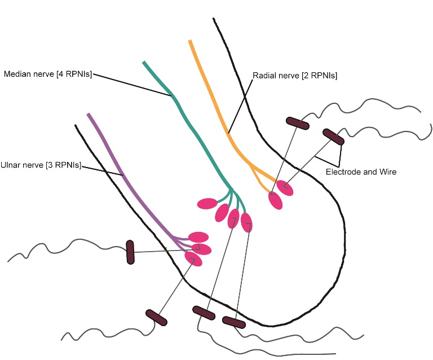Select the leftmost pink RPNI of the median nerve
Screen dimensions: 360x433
click(207, 203)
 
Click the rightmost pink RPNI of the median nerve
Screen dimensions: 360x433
click(247, 222)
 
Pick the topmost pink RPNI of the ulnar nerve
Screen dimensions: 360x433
click(198, 238)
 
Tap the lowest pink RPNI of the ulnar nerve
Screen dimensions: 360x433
click(193, 258)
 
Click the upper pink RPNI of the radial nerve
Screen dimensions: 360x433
click(285, 187)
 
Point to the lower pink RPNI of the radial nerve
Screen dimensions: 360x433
click(275, 200)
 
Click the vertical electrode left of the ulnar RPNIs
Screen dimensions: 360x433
click(130, 252)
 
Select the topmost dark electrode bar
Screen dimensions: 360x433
click(297, 122)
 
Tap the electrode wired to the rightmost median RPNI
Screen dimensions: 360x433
click(233, 322)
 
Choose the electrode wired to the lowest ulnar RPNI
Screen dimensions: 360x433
click(156, 317)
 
